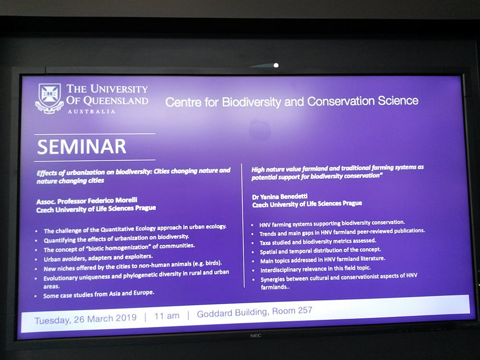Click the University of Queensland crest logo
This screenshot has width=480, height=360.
click(x=49, y=98)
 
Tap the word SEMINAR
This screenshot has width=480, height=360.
click(x=82, y=146)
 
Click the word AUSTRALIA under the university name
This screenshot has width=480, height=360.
click(x=92, y=112)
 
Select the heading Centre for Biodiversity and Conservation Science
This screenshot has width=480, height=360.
click(x=292, y=101)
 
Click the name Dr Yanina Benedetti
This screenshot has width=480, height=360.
click(x=280, y=196)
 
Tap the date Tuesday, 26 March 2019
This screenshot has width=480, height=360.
click(x=85, y=319)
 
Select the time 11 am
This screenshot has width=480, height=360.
click(x=167, y=316)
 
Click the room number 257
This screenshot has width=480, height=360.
click(x=305, y=310)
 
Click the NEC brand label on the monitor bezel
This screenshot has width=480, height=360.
click(x=256, y=336)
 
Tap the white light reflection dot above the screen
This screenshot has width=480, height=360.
click(x=276, y=65)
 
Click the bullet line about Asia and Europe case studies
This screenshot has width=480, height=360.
click(x=98, y=294)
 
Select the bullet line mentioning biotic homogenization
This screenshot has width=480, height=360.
click(x=119, y=247)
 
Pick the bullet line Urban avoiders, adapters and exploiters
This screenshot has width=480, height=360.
click(x=98, y=257)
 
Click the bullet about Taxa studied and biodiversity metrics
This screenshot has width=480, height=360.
click(x=318, y=241)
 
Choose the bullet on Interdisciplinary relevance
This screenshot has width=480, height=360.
click(x=315, y=269)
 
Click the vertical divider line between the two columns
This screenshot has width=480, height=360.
click(x=243, y=225)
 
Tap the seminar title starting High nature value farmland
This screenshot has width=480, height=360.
click(x=337, y=172)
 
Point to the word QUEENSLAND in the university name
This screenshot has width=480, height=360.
click(x=116, y=100)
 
